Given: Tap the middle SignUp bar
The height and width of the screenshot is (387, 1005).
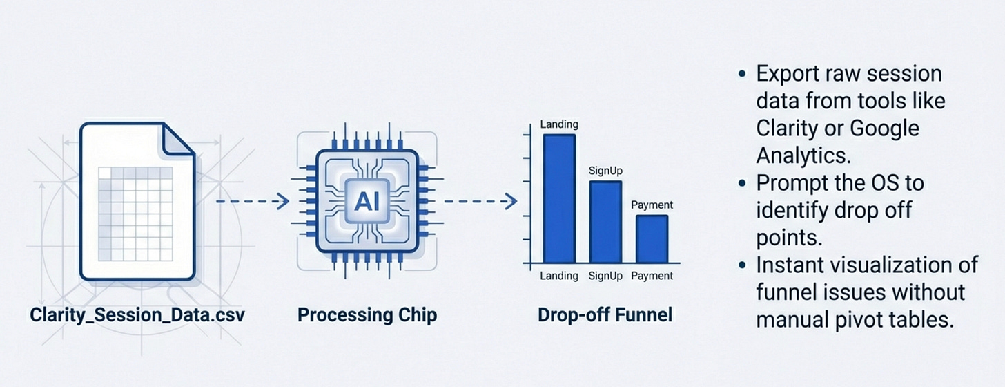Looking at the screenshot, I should coord(605,221).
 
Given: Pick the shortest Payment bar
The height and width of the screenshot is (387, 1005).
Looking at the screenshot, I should coord(652,238).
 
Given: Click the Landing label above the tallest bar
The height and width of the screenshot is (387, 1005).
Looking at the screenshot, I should coord(559,124).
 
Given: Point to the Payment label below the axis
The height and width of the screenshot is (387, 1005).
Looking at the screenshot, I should coord(652,276).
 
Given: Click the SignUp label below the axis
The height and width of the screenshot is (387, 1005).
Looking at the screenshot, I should coord(605,276).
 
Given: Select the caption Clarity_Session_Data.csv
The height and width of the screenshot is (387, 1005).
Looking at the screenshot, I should coord(137,316).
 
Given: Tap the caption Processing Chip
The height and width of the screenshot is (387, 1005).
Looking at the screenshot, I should coord(367,316).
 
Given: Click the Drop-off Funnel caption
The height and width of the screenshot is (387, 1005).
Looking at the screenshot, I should coord(605,316).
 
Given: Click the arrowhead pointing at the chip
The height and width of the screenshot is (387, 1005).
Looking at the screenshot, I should coord(282,202).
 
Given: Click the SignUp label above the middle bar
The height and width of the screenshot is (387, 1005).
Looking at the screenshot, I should coord(605,170).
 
